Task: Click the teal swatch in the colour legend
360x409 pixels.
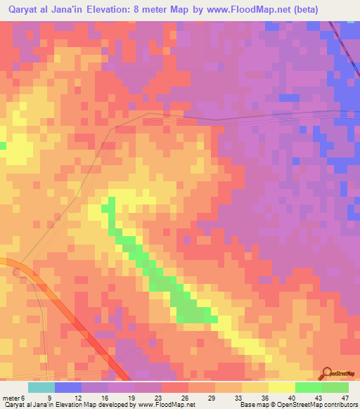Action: (x=41, y=387)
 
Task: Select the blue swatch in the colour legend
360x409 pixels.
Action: (x=67, y=387)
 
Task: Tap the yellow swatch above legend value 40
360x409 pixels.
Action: (x=282, y=387)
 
